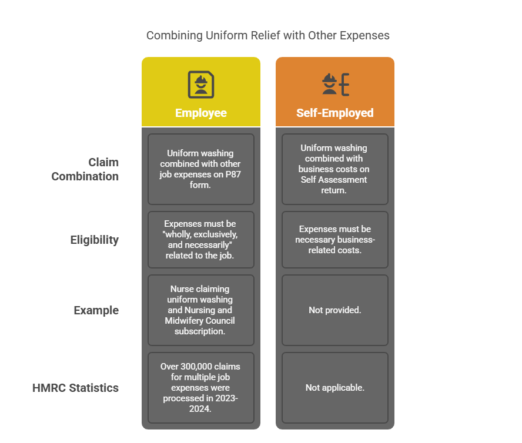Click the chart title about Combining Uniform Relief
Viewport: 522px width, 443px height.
[x=267, y=35]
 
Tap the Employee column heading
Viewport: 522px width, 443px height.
[x=200, y=113]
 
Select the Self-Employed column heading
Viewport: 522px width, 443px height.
[x=335, y=113]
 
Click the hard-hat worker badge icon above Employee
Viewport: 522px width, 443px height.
[x=200, y=85]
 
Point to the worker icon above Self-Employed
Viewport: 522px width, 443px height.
[x=336, y=85]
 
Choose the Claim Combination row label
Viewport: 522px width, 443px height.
[x=85, y=169]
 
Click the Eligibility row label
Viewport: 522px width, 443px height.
[x=94, y=240]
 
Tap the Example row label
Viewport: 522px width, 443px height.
[x=96, y=310]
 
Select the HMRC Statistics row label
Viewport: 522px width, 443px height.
[x=75, y=388]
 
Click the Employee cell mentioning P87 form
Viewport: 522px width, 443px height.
[x=200, y=169]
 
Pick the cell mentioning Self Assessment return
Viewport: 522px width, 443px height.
[x=335, y=169]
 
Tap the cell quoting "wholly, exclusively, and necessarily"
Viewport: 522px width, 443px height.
[x=200, y=240]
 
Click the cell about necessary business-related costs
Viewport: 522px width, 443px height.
[x=335, y=240]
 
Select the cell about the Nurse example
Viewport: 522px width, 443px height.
[x=200, y=310]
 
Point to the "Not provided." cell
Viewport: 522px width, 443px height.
[x=335, y=310]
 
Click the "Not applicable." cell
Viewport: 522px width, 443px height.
[x=335, y=388]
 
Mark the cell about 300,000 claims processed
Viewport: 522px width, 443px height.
[x=200, y=388]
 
